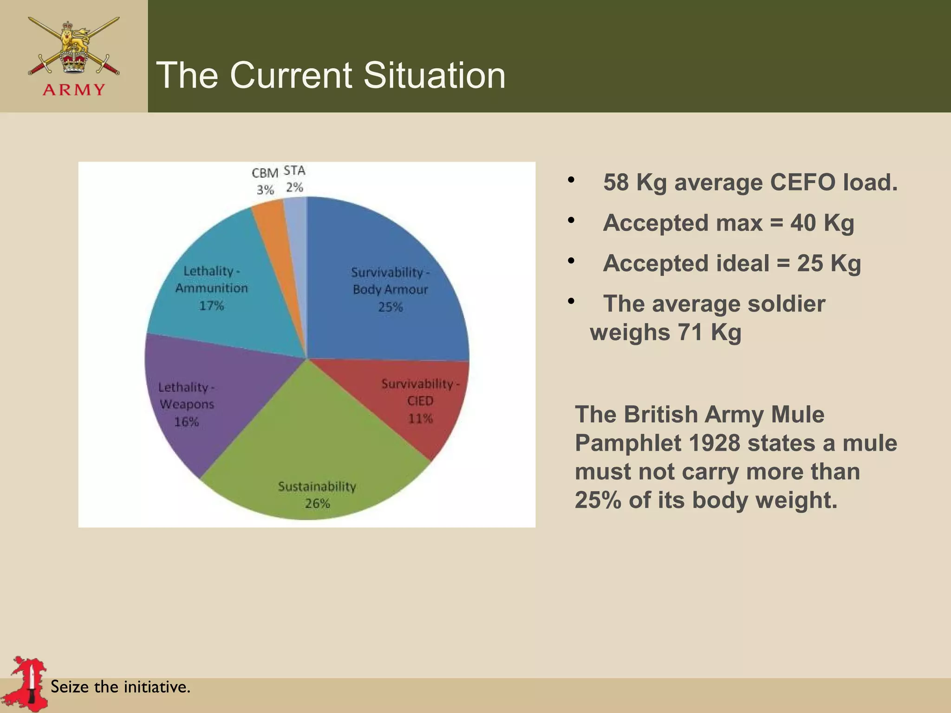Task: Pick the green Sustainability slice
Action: pos(316,446)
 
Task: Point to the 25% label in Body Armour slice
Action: pos(390,307)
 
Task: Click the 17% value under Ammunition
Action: pos(211,305)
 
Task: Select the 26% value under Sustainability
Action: pos(317,503)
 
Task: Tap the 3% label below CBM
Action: pos(265,190)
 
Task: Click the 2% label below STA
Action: pos(294,187)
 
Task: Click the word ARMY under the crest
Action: pos(74,90)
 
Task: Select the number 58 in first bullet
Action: pos(616,182)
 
